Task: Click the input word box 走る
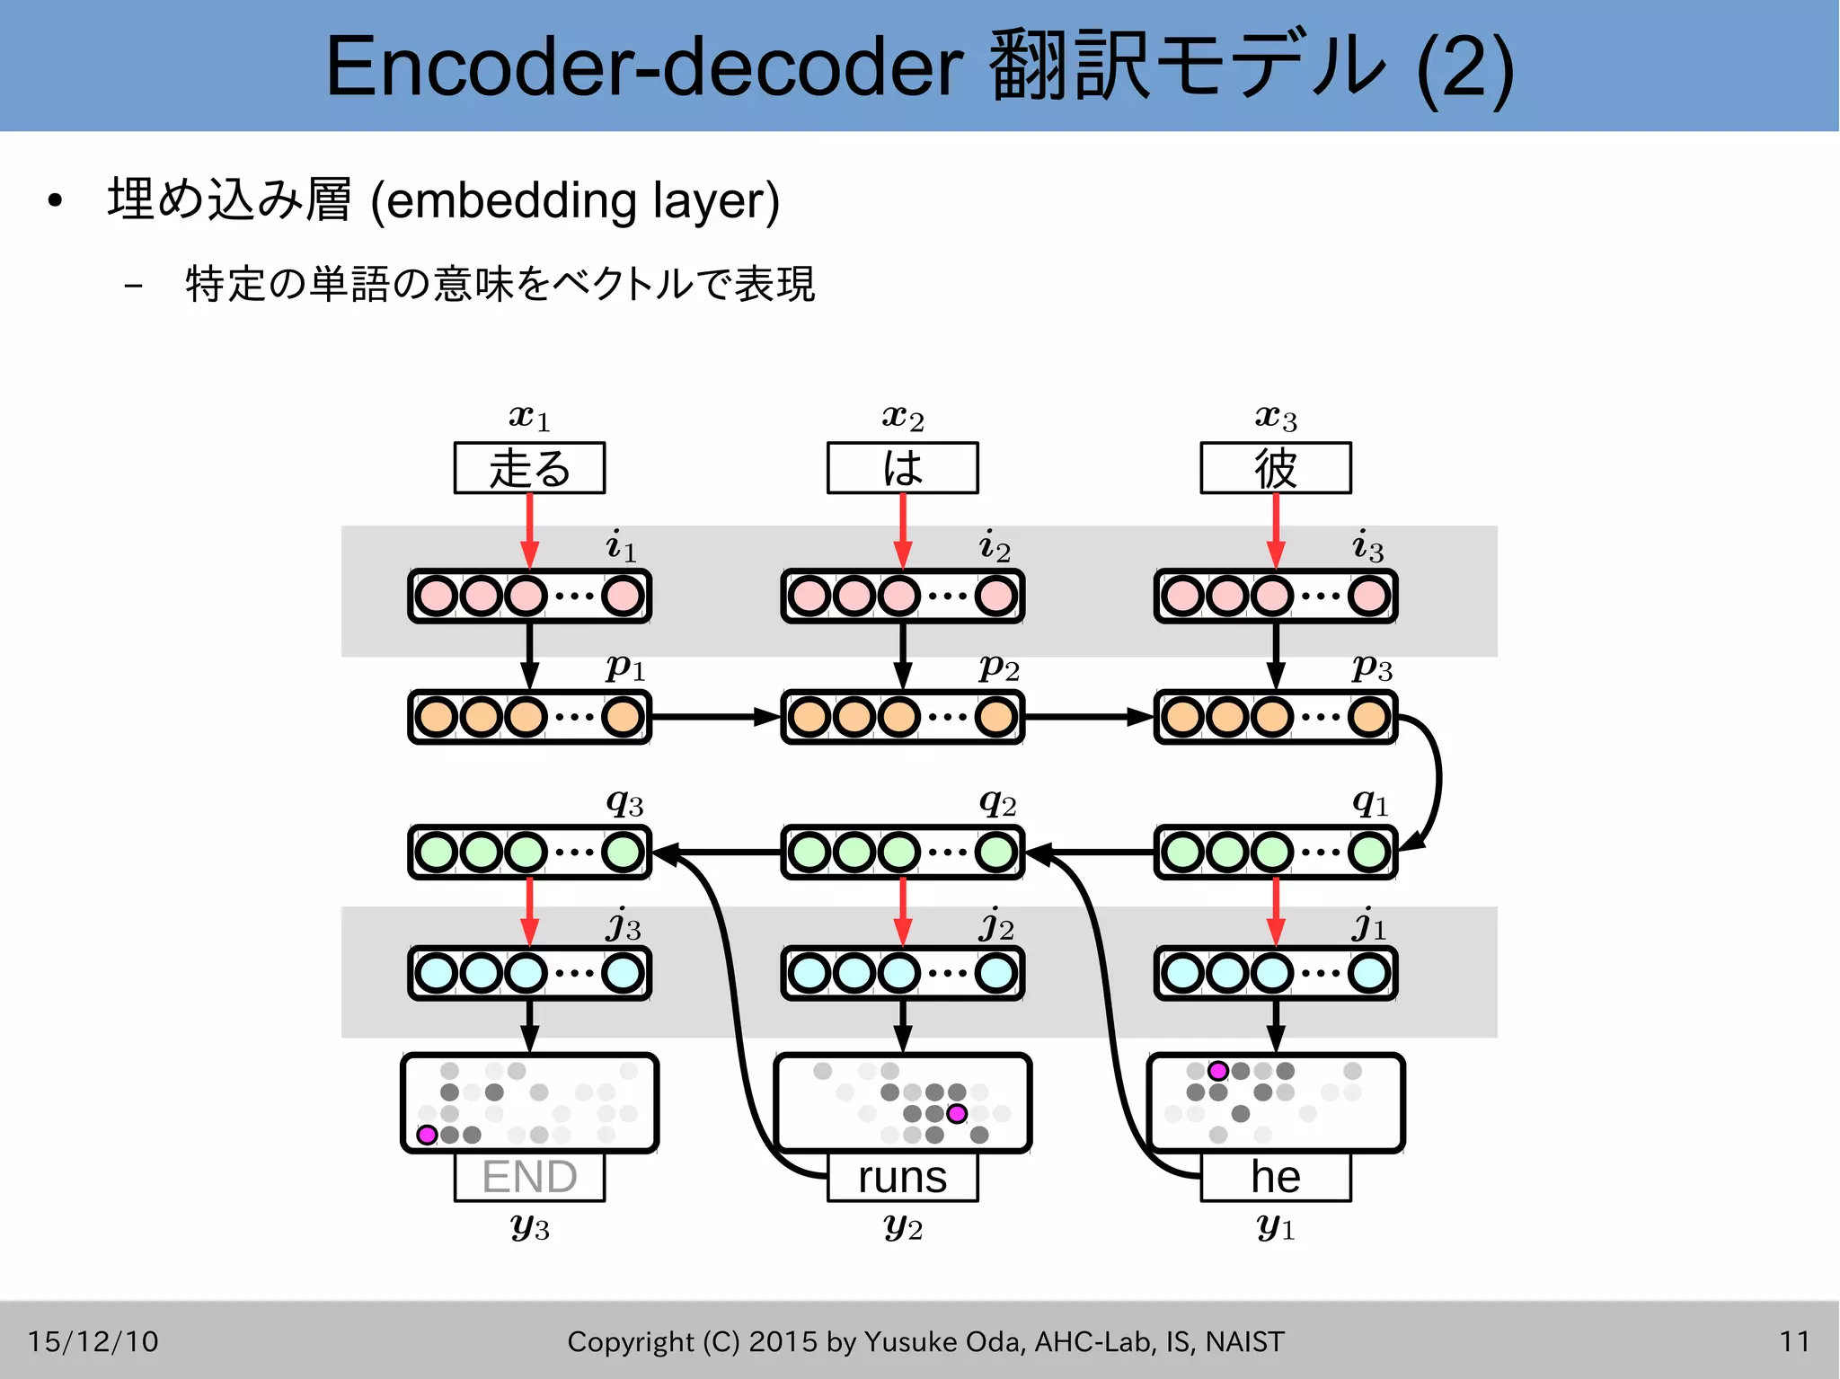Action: pyautogui.click(x=529, y=468)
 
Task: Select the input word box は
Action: pyautogui.click(x=902, y=468)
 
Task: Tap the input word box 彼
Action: pyautogui.click(x=1275, y=468)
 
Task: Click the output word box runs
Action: pyautogui.click(x=902, y=1177)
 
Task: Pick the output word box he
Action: pyautogui.click(x=1275, y=1177)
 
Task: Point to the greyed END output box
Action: pyautogui.click(x=529, y=1177)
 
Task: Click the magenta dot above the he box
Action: pyautogui.click(x=1217, y=1071)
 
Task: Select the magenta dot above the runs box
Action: pyautogui.click(x=957, y=1114)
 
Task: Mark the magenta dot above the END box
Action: pyautogui.click(x=428, y=1135)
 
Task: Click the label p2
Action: pyautogui.click(x=998, y=667)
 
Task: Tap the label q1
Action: pyautogui.click(x=1370, y=801)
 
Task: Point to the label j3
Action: pyautogui.click(x=624, y=925)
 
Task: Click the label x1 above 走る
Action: pyautogui.click(x=529, y=417)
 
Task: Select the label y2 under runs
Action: pyautogui.click(x=902, y=1225)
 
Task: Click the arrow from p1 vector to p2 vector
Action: pyautogui.click(x=714, y=717)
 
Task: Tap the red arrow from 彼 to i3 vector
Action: pyautogui.click(x=1275, y=530)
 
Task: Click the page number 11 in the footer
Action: pyautogui.click(x=1794, y=1341)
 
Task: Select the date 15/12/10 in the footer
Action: pyautogui.click(x=93, y=1341)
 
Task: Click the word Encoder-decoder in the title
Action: pyautogui.click(x=643, y=66)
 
